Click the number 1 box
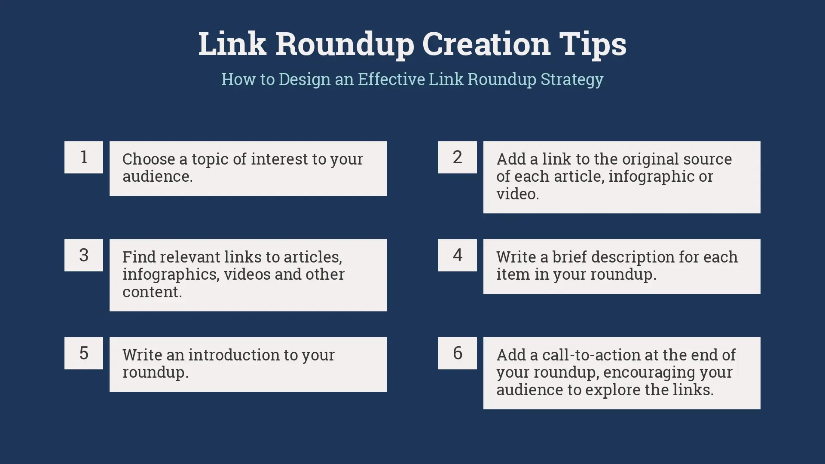[x=84, y=157]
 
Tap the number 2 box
[x=458, y=157]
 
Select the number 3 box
[x=84, y=255]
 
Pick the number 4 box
[x=458, y=255]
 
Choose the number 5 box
[x=84, y=353]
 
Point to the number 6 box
[x=458, y=353]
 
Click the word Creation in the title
[x=486, y=43]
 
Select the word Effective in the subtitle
[x=391, y=79]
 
